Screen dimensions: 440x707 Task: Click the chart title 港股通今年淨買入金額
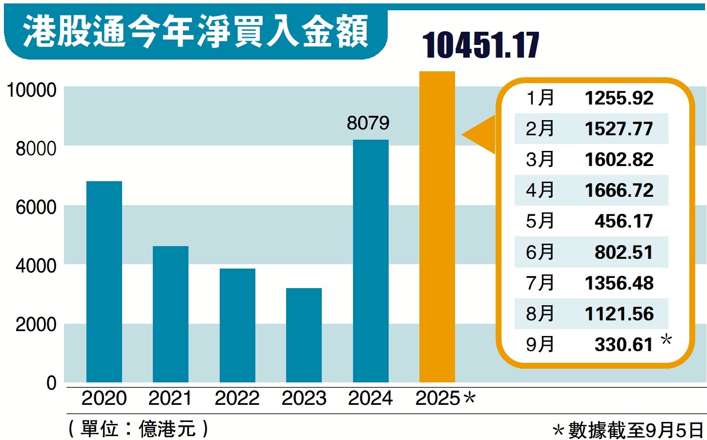click(x=195, y=32)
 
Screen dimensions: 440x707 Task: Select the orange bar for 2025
click(x=437, y=227)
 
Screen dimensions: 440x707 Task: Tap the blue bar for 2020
click(x=104, y=282)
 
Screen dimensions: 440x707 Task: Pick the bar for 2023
click(x=304, y=335)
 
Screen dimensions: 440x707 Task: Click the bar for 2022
click(x=237, y=325)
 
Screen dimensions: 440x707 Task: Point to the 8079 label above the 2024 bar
click(x=368, y=123)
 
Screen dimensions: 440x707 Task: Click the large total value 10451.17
click(x=480, y=45)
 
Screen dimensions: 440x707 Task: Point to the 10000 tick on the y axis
click(x=31, y=90)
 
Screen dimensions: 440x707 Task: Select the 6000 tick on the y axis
click(x=36, y=208)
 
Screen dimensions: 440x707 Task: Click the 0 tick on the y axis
click(x=51, y=383)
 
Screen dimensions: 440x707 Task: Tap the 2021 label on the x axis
click(x=170, y=398)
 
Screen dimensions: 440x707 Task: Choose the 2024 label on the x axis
click(x=370, y=398)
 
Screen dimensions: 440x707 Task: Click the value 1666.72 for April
click(x=619, y=190)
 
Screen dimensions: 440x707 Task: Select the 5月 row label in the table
click(x=540, y=221)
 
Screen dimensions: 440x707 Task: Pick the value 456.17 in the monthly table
click(x=624, y=221)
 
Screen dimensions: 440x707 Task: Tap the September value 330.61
click(x=624, y=345)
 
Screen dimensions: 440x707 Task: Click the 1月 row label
click(x=540, y=98)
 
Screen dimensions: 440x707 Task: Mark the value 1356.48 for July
click(x=619, y=283)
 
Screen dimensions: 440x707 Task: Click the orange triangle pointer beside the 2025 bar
click(x=481, y=134)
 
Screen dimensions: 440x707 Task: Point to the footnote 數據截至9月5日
click(x=635, y=430)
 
